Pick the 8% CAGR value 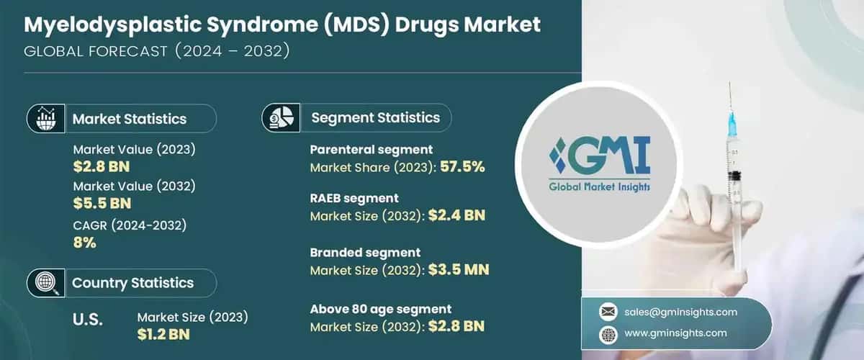click(85, 243)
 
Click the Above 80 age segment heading click(381, 309)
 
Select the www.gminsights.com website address click(676, 333)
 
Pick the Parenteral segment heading click(371, 150)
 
